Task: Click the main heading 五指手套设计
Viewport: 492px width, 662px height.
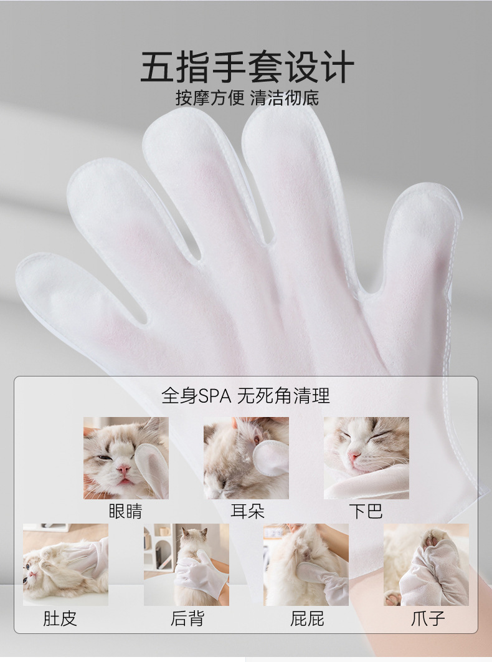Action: coord(247,67)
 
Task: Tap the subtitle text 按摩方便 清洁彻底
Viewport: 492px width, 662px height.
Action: coord(247,98)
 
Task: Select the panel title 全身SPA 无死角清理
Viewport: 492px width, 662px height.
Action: coord(245,396)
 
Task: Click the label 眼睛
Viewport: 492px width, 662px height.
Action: coord(126,511)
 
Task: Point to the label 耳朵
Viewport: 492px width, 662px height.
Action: coord(247,511)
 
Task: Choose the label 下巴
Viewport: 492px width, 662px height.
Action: coord(366,511)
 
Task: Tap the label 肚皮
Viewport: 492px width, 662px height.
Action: coord(60,618)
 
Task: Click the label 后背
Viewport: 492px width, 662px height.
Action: coord(187,618)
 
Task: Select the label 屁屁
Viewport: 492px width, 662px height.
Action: coord(307,618)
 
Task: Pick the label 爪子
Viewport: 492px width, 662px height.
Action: coord(428,618)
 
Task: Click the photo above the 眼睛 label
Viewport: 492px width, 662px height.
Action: coord(126,458)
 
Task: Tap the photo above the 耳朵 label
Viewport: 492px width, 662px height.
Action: coord(247,458)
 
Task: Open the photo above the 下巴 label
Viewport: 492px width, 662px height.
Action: coord(366,458)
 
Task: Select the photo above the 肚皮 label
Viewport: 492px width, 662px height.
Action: coord(65,565)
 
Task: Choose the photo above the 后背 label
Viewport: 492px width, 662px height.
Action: coord(186,565)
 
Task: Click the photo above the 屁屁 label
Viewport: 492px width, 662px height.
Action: coord(306,565)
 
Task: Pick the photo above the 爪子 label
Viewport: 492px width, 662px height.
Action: coord(426,565)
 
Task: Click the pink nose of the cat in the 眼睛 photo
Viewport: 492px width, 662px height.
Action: coord(124,469)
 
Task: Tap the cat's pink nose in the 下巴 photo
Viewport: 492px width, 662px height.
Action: coord(354,456)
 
